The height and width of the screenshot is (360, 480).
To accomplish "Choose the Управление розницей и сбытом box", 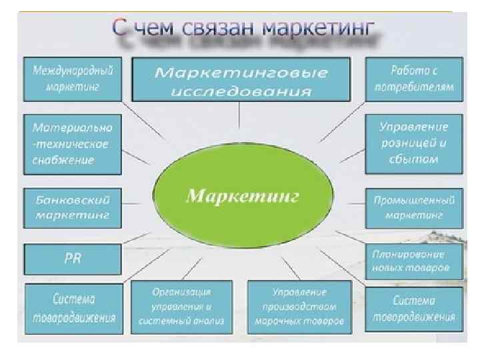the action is click(x=413, y=143).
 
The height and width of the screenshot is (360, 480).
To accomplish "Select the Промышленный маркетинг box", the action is click(x=414, y=207).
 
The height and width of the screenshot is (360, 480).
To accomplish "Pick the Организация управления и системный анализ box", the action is click(x=182, y=307).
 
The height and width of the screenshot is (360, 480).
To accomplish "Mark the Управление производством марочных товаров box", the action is click(x=299, y=307).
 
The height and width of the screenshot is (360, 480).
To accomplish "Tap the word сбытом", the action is click(x=413, y=159).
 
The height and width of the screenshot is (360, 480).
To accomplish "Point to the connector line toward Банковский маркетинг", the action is click(x=137, y=202).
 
